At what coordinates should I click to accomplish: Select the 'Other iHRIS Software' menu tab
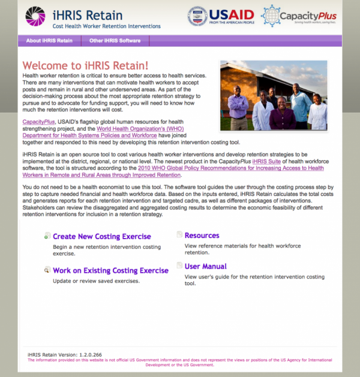(115, 41)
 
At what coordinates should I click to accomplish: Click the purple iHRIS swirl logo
(35, 17)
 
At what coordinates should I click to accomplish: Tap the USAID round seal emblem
(197, 16)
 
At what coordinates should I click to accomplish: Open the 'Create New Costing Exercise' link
(102, 237)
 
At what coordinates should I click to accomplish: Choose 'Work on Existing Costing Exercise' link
(110, 271)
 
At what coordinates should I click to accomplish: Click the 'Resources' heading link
(202, 236)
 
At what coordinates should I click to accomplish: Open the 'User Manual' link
(206, 267)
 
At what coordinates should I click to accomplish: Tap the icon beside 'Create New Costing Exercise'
(47, 237)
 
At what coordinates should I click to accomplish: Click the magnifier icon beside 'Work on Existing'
(47, 271)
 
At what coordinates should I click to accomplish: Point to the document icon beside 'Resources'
(179, 235)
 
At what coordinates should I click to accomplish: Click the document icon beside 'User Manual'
(179, 266)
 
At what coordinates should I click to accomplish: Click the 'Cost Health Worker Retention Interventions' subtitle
(107, 26)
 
